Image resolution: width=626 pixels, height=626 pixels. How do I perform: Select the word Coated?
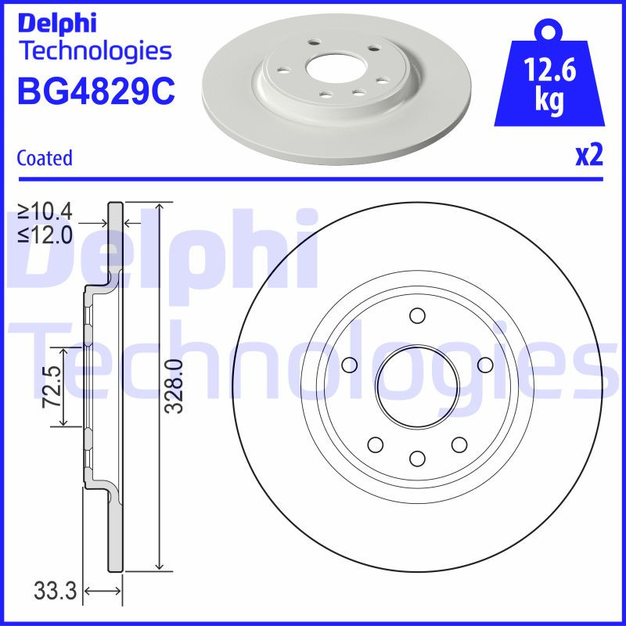pos(44,158)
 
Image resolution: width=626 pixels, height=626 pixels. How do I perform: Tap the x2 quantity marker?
pos(589,156)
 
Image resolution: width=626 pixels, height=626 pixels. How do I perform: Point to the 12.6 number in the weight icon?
pos(551,73)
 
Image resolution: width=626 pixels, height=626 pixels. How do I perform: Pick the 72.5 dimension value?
pos(53,387)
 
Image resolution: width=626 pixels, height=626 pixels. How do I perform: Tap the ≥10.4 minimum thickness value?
pos(45,210)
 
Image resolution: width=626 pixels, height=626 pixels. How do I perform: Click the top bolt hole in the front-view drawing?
pos(417,316)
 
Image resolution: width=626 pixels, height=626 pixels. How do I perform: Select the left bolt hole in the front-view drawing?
pos(350,365)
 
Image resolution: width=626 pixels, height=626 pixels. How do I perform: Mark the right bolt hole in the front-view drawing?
pos(484,365)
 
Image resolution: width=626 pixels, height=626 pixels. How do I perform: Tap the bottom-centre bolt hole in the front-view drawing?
pos(417,459)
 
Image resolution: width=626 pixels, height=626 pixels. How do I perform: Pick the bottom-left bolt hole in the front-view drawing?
pos(376,444)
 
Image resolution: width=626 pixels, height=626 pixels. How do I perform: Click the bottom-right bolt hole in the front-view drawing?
pos(459,444)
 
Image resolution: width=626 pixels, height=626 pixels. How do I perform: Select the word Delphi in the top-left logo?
pos(56,23)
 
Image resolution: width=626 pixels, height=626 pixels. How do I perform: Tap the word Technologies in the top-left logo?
pos(94,52)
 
